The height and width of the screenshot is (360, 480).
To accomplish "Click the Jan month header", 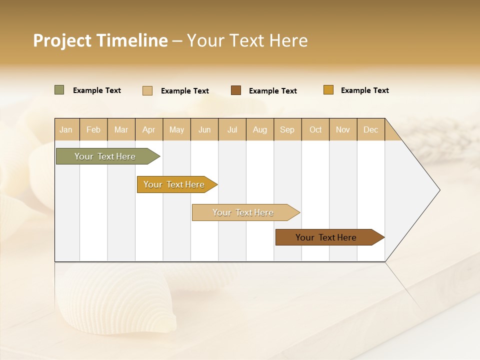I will point(66,129).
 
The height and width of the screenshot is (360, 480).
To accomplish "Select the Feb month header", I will point(93,129).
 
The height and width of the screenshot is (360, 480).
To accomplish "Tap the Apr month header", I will point(149,129).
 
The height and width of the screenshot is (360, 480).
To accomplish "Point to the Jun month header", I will point(204,129).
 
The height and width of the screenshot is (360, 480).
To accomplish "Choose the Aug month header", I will point(260,129).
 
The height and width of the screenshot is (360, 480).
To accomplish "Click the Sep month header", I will point(287,129).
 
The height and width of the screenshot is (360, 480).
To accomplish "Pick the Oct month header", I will point(315,129).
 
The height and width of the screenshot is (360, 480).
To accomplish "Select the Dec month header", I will point(371,129).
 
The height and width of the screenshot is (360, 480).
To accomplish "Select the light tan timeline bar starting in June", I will point(243,212).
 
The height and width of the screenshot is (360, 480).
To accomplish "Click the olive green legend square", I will point(59,90).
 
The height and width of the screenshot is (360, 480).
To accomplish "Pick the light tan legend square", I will point(147,90).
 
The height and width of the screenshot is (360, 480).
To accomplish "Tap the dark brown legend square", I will point(236,90).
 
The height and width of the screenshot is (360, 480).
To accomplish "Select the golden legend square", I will point(328,90).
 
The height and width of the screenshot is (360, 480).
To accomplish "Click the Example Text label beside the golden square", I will point(364,90).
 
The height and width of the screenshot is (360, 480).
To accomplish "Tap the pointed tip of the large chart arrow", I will point(438,190).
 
